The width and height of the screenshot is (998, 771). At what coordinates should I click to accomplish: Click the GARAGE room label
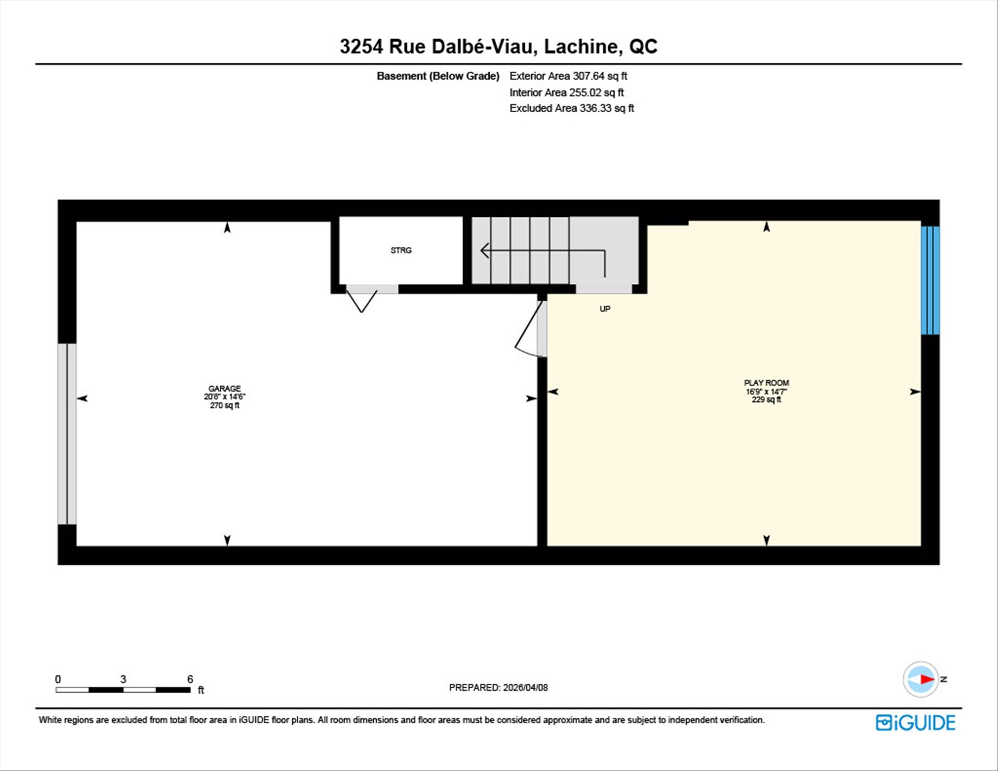point(225,388)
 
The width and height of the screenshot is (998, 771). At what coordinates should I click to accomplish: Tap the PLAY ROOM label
point(766,383)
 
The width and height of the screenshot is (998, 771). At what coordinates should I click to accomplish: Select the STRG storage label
point(401,251)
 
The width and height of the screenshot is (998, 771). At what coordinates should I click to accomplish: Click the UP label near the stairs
point(605,309)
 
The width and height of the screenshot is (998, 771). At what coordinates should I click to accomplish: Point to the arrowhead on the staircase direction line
point(484,251)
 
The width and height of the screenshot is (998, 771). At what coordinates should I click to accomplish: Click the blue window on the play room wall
point(930,280)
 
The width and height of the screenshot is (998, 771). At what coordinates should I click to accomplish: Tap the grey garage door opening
point(67,434)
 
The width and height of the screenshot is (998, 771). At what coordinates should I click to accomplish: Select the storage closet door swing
point(361,299)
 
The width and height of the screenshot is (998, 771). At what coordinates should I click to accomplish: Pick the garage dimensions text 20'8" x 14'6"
point(225,397)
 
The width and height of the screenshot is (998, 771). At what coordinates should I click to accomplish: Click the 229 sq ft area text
point(766,400)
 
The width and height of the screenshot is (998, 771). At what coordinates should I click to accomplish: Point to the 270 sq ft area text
point(225,406)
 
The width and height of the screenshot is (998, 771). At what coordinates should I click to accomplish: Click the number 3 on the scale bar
point(123,679)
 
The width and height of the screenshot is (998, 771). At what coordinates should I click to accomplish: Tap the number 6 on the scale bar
point(190,679)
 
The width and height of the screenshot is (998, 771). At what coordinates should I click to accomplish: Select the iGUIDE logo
point(915,723)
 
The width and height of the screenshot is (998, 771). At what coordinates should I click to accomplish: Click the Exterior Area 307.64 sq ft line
point(568,76)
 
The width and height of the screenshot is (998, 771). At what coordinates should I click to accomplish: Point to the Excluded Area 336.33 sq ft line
point(572,108)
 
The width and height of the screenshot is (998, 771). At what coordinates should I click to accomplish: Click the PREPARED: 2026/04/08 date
point(498,687)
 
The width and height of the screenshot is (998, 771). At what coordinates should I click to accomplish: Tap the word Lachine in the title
point(583,47)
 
